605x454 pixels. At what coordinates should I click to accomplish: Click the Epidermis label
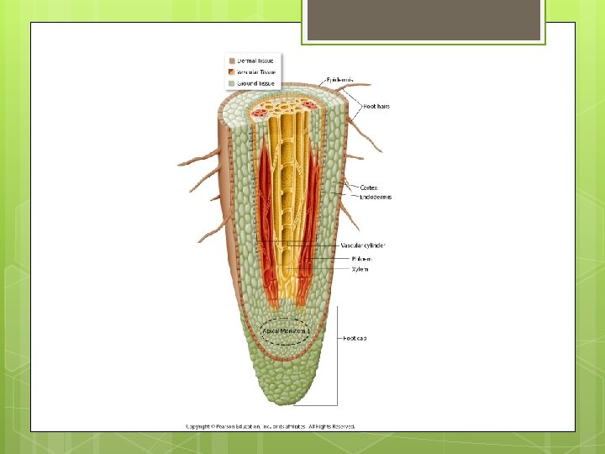[339, 80]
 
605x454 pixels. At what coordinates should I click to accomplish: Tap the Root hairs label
[376, 106]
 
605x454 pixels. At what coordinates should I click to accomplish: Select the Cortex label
[368, 187]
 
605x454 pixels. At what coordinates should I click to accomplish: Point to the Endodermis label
[376, 197]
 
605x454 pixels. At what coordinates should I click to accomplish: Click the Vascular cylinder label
[363, 245]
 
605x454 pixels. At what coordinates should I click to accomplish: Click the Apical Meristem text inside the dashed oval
[286, 331]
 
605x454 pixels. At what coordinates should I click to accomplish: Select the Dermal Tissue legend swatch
[232, 61]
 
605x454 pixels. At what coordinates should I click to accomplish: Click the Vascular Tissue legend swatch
[232, 72]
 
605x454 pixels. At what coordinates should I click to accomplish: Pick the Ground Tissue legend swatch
[232, 83]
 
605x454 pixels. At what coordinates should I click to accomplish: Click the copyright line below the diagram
[271, 426]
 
